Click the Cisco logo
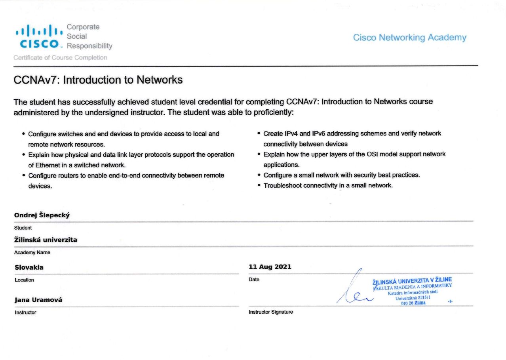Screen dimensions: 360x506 pos(39,37)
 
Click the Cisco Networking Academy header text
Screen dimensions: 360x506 pos(409,38)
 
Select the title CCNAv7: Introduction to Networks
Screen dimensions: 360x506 pos(98,80)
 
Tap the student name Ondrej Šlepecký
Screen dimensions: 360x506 pos(42,215)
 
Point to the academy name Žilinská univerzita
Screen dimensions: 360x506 pos(46,240)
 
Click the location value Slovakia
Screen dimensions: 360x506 pos(29,267)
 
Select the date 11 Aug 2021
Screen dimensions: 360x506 pos(270,267)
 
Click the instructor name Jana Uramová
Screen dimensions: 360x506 pos(38,300)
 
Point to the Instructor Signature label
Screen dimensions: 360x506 pos(271,312)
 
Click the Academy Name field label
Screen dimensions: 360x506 pos(32,252)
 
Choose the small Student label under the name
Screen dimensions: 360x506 pos(23,228)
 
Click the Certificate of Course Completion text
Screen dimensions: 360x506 pos(60,58)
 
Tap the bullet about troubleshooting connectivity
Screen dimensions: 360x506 pos(328,185)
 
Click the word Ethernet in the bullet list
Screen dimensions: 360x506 pos(46,165)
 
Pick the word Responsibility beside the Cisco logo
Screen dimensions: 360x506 pos(89,46)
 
